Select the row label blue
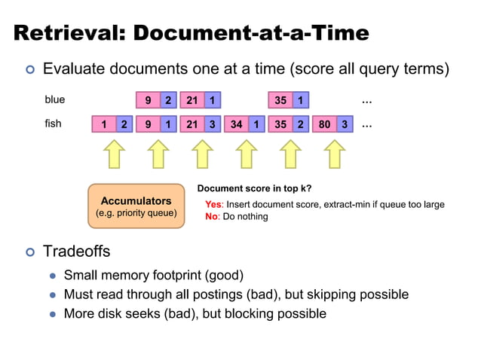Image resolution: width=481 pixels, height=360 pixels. (x=55, y=99)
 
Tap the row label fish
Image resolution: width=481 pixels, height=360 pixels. (x=54, y=124)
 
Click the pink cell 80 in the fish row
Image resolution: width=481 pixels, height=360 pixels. (x=324, y=124)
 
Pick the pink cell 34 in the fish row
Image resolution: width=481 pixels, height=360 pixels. (x=236, y=124)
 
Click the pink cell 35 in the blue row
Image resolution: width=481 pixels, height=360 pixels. (x=280, y=100)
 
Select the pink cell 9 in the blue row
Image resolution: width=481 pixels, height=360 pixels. (x=148, y=100)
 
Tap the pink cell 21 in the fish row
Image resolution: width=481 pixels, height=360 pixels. (x=191, y=124)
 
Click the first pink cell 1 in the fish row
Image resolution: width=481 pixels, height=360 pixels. (x=103, y=124)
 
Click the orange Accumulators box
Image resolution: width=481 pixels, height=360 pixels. (x=136, y=206)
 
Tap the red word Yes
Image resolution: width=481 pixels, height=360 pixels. (x=213, y=204)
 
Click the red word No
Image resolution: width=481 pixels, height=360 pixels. (x=212, y=216)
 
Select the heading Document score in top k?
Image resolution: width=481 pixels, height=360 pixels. (x=254, y=188)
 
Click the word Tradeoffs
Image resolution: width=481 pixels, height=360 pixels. (x=76, y=251)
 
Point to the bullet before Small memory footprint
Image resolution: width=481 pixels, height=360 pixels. (x=54, y=276)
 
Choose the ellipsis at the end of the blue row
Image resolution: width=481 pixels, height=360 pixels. (x=368, y=100)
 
